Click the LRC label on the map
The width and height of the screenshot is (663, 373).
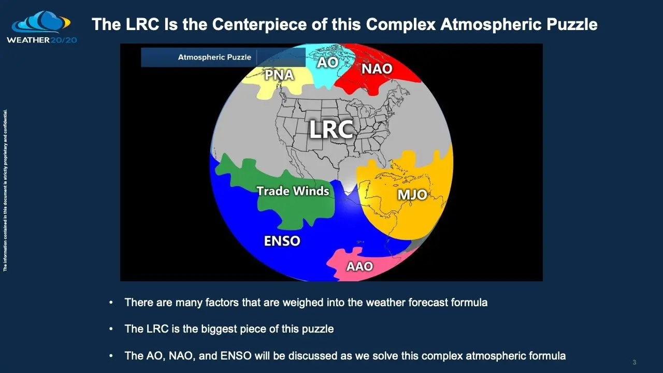[x=331, y=129]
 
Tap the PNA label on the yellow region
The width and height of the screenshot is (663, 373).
[x=279, y=75]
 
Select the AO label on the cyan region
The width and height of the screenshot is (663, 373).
[x=327, y=62]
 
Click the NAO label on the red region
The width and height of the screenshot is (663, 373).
[x=377, y=68]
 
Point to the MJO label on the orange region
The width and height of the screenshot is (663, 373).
[x=412, y=195]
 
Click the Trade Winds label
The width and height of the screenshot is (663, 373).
[x=293, y=191]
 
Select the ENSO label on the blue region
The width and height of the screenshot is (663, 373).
[x=282, y=241]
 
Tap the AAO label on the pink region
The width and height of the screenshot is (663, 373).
[x=359, y=266]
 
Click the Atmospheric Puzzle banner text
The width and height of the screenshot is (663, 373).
[x=214, y=58]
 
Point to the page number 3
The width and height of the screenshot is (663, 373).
[x=634, y=362]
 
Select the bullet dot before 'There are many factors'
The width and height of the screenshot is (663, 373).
[x=111, y=303]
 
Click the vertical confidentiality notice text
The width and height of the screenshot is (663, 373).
[x=5, y=190]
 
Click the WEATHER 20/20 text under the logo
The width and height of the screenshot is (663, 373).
[x=41, y=39]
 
